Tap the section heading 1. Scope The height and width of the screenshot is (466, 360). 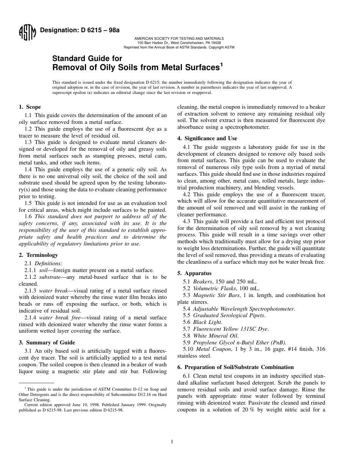tap(30, 107)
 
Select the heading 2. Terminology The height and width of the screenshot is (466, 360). tap(38, 255)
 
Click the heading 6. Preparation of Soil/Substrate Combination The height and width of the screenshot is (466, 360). tap(235, 367)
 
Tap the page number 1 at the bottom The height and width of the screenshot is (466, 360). tap(172, 441)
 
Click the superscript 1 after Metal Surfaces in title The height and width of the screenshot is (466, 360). tap(222, 64)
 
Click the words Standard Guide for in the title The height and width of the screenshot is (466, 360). tap(87, 59)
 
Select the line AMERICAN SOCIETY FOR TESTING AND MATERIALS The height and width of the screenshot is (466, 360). tap(179, 39)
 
